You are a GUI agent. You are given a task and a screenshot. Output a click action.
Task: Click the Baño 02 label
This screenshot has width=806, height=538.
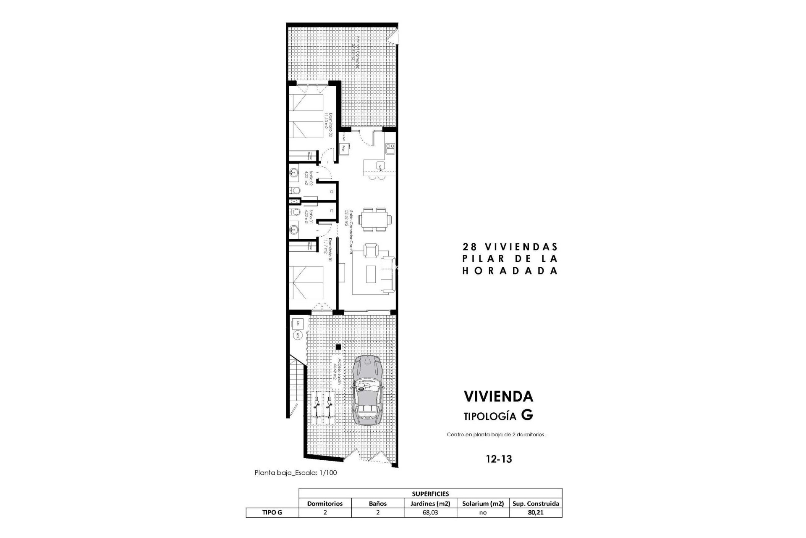pos(309,178)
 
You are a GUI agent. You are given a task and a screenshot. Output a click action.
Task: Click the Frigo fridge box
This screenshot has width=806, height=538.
pos(344,148)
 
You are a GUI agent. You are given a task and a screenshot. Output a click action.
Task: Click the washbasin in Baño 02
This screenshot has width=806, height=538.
pos(294,172)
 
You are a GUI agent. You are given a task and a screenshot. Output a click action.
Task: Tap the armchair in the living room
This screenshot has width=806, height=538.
pos(370,251)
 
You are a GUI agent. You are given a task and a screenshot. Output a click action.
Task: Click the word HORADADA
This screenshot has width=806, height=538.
pos(510,271)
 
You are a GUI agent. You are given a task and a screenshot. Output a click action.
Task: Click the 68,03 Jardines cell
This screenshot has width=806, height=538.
pos(431,512)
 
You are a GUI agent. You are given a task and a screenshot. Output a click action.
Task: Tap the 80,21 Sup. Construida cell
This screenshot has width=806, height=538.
pos(535,512)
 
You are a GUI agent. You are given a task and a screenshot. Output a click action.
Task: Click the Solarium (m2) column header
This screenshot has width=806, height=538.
pos(483,503)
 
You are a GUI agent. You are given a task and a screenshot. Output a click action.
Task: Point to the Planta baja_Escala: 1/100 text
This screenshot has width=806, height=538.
pos(296,472)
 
